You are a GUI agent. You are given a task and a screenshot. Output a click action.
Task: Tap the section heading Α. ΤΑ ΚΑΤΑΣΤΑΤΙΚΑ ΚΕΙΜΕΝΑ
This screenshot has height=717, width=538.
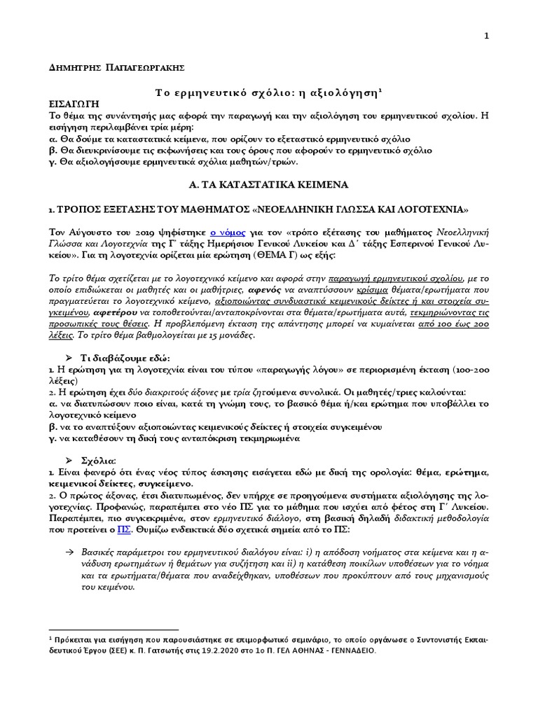(x=270, y=183)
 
